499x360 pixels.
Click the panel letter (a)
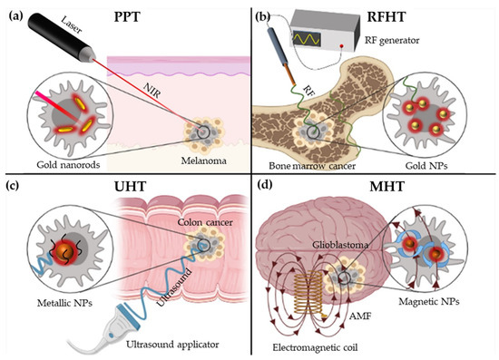click(x=17, y=15)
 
